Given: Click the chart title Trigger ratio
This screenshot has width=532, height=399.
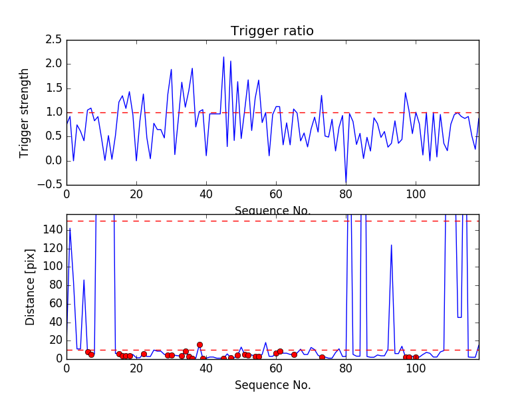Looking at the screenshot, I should tap(272, 31).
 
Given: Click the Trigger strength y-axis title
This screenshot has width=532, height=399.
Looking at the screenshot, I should tap(25, 112).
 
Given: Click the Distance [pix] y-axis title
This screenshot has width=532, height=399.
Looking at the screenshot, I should tap(31, 287).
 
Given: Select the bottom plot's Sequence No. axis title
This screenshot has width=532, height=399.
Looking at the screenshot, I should tap(273, 385).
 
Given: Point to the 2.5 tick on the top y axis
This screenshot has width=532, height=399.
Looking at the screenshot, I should tap(53, 40).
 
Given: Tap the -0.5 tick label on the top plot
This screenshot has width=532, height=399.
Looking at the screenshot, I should tap(51, 185).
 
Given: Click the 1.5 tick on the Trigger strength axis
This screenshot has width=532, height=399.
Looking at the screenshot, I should tap(53, 88).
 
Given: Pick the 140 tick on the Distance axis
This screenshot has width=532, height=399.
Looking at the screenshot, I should tap(52, 229).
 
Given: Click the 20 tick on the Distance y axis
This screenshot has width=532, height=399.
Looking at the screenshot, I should tap(55, 340).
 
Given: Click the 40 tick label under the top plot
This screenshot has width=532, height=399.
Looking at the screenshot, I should tap(206, 194).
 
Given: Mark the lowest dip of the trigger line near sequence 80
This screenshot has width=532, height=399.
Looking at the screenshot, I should tap(346, 183).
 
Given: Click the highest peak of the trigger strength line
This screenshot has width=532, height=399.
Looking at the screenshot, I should tap(223, 57).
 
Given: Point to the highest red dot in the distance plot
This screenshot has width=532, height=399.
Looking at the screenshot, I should tap(199, 344).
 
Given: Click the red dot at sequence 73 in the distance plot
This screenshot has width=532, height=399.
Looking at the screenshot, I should tap(322, 357).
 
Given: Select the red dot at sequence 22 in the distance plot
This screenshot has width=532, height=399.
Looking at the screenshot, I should tap(144, 354).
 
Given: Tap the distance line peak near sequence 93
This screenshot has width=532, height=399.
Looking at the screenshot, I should tap(391, 245).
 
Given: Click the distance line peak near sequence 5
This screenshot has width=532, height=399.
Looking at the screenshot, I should tap(84, 280).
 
